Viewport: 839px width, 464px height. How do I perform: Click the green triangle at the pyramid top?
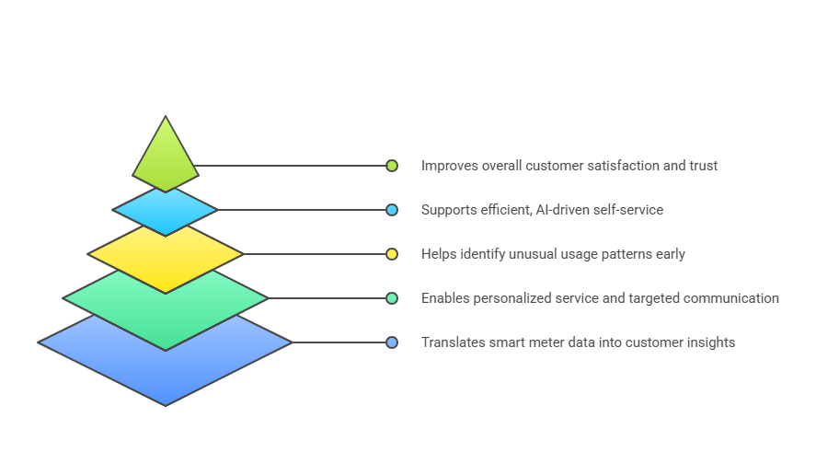pyautogui.click(x=166, y=157)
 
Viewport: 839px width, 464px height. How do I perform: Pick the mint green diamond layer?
pyautogui.click(x=166, y=316)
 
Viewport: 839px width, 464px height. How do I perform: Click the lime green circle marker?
pyautogui.click(x=392, y=166)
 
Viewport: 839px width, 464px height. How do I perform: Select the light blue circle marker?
pyautogui.click(x=392, y=210)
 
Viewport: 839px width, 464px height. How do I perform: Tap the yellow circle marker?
pyautogui.click(x=392, y=254)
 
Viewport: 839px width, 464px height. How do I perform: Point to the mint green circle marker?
pyautogui.click(x=392, y=298)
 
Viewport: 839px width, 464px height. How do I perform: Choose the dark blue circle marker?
pyautogui.click(x=392, y=342)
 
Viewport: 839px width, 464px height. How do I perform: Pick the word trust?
pyautogui.click(x=703, y=166)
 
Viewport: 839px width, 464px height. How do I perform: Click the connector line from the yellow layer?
pyautogui.click(x=315, y=254)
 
